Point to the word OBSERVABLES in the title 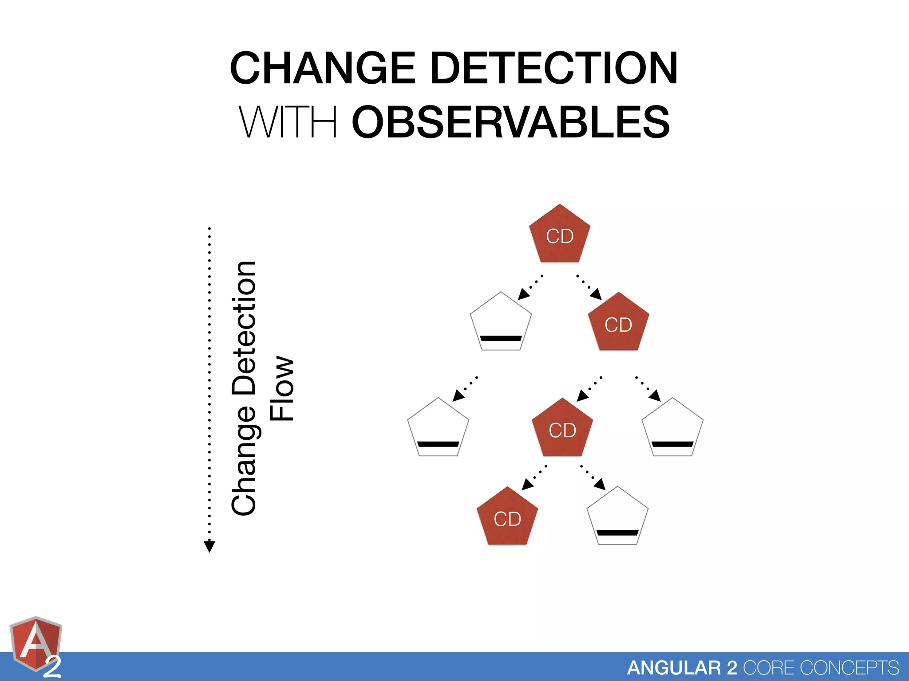511,122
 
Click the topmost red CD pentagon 560,235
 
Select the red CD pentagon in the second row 618,324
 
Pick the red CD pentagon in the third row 562,429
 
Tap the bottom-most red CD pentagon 507,518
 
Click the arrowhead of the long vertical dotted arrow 209,546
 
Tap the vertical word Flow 282,388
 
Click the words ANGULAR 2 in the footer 682,668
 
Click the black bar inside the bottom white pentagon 617,533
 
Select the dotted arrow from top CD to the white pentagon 530,287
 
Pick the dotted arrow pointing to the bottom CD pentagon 534,478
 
